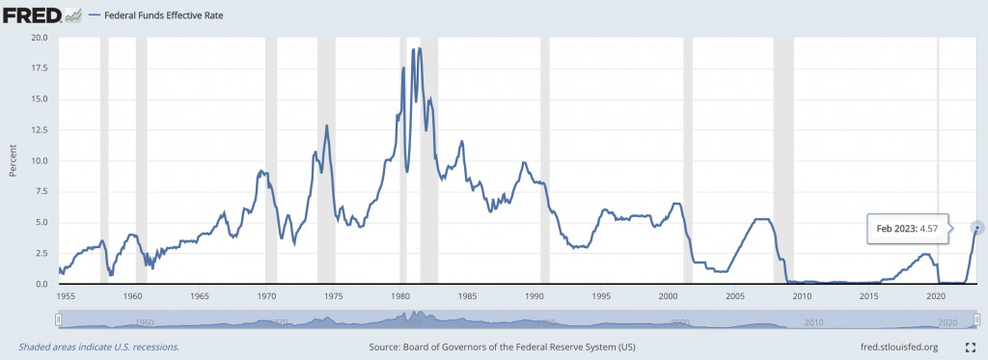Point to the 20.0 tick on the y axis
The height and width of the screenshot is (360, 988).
tap(40, 38)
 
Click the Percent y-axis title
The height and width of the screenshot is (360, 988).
tap(13, 161)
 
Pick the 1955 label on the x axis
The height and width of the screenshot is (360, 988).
tap(66, 297)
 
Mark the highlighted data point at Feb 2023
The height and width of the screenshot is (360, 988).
tap(977, 228)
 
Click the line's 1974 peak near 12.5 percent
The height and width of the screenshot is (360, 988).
tap(327, 125)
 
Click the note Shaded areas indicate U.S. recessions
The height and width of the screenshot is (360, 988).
tap(98, 346)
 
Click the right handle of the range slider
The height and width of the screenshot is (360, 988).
tap(977, 319)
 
